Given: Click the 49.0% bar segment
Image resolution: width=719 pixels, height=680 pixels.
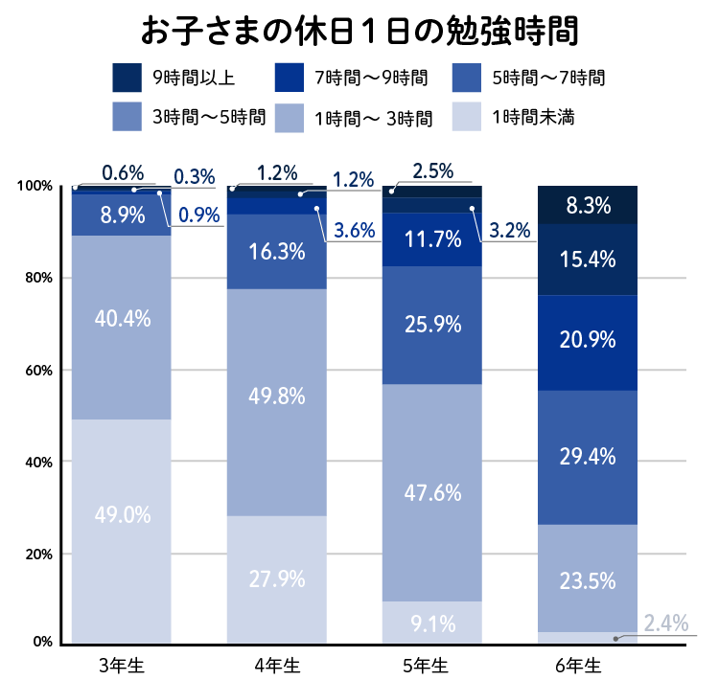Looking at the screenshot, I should [122, 532].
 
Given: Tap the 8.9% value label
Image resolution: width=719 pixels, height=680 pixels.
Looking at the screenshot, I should [122, 215].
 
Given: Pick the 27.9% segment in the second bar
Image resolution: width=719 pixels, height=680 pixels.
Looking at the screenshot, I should [277, 579].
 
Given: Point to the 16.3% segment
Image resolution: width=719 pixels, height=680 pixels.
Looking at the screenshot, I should [277, 252].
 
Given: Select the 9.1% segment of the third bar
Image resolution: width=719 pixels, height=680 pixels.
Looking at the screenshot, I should [432, 623].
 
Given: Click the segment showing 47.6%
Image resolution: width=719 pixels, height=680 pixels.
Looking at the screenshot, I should [432, 493].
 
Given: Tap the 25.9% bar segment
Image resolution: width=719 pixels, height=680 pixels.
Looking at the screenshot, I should [432, 325].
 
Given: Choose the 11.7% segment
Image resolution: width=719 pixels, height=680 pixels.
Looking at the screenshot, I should [432, 238].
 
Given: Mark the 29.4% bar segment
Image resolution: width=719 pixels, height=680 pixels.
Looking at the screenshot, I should [588, 457].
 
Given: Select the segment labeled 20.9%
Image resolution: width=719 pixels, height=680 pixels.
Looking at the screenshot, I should [588, 342].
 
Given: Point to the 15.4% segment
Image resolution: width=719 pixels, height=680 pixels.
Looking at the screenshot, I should [588, 259].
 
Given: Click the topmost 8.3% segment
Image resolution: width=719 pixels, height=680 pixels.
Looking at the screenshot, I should [588, 205].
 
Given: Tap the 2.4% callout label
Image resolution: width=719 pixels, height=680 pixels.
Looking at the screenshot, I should [665, 623].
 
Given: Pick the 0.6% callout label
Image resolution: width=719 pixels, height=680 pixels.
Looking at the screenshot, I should [123, 173].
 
